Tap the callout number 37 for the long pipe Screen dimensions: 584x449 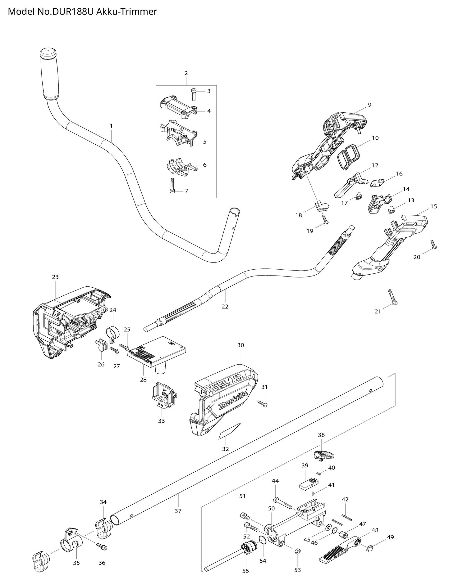tap(178, 511)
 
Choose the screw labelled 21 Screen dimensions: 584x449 tap(392, 297)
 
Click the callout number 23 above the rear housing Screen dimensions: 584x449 tap(55, 277)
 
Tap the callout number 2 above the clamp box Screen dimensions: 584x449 tap(186, 73)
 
